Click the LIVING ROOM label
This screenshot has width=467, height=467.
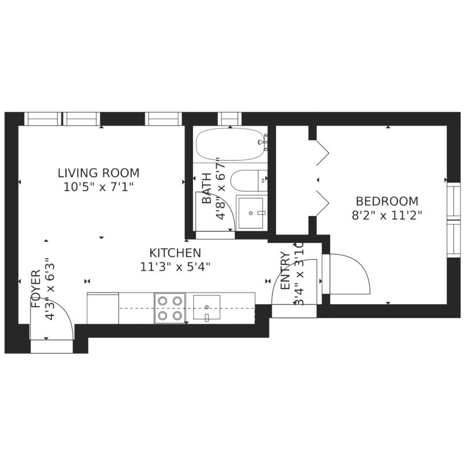(x=99, y=173)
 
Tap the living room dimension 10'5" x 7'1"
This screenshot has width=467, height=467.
(x=99, y=187)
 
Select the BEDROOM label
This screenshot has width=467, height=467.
(x=387, y=201)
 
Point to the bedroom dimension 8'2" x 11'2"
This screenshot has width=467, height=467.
(x=387, y=215)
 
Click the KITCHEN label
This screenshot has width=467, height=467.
(x=175, y=253)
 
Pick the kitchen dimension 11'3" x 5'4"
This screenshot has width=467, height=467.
(x=175, y=267)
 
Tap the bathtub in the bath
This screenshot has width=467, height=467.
(x=230, y=145)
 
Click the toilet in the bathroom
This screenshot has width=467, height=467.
(x=249, y=181)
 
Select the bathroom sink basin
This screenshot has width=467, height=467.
(x=251, y=213)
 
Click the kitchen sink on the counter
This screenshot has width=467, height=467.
(x=207, y=307)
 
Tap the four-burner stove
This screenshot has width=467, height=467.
(x=170, y=308)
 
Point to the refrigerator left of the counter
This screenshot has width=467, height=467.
(x=103, y=308)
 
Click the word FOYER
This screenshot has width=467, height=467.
(x=36, y=289)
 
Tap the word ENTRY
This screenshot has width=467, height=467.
(x=285, y=271)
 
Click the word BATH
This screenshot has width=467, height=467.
(x=207, y=188)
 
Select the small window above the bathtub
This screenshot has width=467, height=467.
(x=230, y=119)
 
